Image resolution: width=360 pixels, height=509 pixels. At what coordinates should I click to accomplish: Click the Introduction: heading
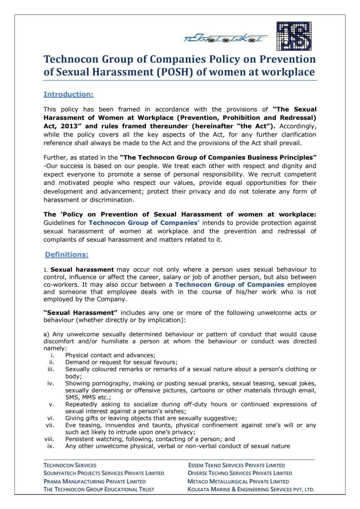coord(68,94)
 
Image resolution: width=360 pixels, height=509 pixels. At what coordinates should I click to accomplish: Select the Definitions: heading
coord(67,254)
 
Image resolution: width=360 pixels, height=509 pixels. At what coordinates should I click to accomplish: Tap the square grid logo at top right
coord(294,36)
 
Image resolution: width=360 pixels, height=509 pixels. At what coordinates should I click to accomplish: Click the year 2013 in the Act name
coord(69,126)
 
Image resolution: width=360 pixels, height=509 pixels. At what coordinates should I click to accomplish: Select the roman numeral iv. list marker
coord(51,383)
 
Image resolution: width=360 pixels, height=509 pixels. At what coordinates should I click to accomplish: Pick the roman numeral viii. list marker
coord(49,439)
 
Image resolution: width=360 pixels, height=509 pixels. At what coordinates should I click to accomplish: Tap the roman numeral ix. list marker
coord(51,446)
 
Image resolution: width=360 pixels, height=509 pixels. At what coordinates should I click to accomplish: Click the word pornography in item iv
coord(108,383)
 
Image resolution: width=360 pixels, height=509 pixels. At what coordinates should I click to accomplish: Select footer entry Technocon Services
coord(70,465)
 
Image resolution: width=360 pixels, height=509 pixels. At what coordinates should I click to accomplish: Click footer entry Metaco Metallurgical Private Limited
coord(238,481)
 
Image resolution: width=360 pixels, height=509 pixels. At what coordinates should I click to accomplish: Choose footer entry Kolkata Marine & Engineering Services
coord(251,490)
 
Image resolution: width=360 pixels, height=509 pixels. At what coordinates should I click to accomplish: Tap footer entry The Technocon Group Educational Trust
coord(99,490)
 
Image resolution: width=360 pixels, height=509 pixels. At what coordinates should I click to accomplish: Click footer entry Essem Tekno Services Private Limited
coord(236,465)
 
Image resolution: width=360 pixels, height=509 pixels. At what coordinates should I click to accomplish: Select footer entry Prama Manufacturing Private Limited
coord(94,481)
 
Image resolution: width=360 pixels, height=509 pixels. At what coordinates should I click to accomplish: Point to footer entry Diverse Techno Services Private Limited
coord(240,473)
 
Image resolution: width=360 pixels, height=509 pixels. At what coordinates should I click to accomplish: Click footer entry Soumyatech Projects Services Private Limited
coord(104,473)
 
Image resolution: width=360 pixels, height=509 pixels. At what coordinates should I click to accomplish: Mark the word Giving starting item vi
coord(75,418)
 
